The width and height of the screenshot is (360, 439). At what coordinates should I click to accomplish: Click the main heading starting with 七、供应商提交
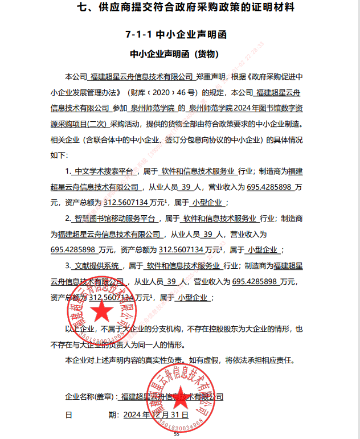click(x=179, y=8)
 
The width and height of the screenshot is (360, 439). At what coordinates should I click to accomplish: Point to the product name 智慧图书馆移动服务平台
click(x=116, y=219)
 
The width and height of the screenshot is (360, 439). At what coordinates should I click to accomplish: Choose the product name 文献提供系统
click(x=97, y=266)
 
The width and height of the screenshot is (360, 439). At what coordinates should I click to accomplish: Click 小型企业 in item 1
click(x=208, y=203)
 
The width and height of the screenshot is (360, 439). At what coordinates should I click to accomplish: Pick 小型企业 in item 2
click(x=263, y=250)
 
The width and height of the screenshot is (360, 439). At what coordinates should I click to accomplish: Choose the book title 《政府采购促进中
click(x=272, y=76)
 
